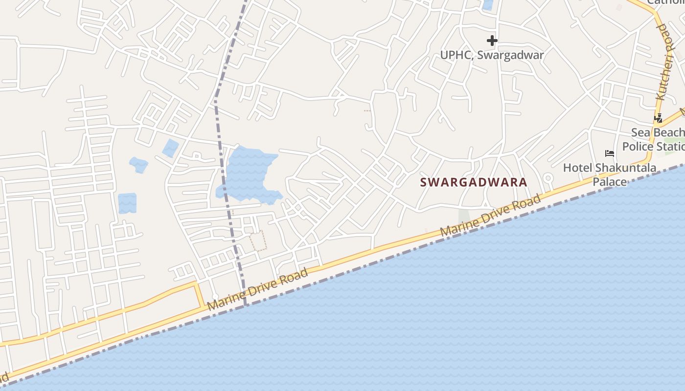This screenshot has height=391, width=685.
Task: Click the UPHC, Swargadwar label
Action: click(492, 55)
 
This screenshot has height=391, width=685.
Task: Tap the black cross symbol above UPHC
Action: click(492, 41)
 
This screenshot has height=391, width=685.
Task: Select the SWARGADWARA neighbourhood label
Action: click(474, 182)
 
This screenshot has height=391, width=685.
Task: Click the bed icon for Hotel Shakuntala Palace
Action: click(610, 153)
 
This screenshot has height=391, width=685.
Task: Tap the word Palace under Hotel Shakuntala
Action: click(610, 182)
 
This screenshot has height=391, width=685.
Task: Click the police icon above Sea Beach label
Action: click(659, 118)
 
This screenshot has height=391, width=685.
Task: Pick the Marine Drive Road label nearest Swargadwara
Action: click(491, 216)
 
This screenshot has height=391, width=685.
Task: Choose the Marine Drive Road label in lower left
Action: click(257, 289)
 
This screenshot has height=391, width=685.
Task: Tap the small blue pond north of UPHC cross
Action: click(488, 5)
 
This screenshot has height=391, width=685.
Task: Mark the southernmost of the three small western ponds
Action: click(127, 203)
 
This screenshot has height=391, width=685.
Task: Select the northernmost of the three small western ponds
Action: click(171, 148)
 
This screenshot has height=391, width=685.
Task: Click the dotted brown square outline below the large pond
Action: click(258, 240)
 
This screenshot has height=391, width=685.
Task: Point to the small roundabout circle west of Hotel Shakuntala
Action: click(548, 178)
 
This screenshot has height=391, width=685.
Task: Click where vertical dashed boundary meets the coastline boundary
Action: click(245, 304)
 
